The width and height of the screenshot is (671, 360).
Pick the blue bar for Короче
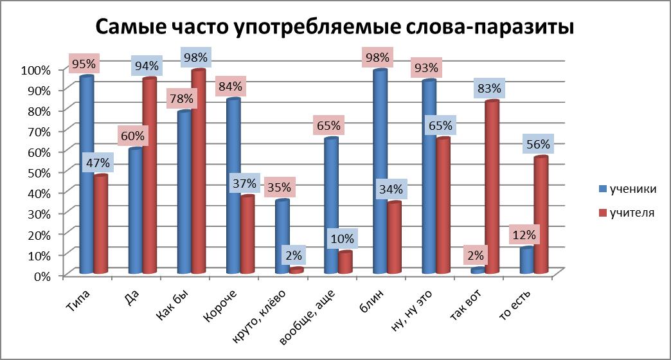[x=233, y=186]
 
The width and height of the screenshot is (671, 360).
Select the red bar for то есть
[x=541, y=215]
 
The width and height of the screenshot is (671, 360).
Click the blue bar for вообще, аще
[x=331, y=206]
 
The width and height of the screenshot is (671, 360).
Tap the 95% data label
[x=84, y=64]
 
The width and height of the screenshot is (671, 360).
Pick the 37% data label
[x=244, y=183]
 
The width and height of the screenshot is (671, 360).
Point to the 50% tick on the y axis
[x=37, y=172]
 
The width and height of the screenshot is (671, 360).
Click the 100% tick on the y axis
[x=35, y=69]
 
